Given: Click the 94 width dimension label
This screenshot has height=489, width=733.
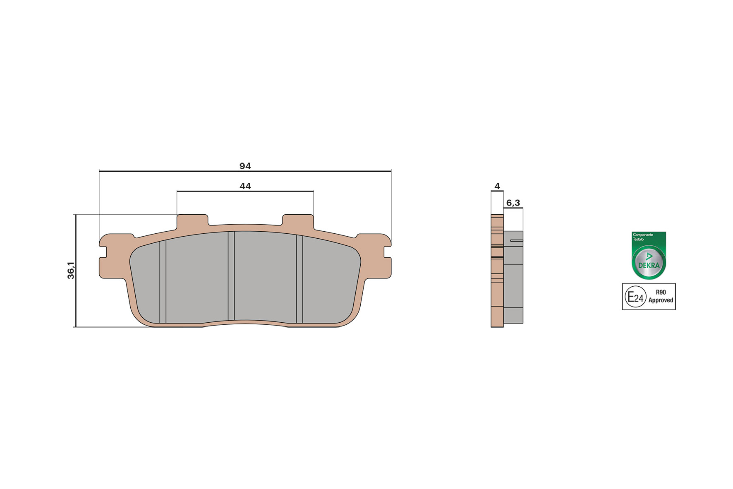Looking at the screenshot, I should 245,166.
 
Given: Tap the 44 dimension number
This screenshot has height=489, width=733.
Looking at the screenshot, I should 245,186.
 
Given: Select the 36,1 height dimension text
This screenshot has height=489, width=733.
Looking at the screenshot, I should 71,270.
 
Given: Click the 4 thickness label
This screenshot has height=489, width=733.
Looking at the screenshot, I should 497,186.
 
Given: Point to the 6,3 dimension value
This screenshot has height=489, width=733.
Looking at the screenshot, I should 513,203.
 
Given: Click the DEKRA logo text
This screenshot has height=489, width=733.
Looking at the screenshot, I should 649,265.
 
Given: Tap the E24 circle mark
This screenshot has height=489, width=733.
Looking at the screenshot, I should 635,297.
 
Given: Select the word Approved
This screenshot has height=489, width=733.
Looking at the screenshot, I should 661,300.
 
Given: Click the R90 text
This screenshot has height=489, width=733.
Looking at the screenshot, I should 661,292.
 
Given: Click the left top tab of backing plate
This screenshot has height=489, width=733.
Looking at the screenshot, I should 192,221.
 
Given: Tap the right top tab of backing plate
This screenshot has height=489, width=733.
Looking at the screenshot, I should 298,221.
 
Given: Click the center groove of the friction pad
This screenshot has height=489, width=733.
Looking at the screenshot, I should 231,276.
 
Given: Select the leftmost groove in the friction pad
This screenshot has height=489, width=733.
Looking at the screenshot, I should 163,281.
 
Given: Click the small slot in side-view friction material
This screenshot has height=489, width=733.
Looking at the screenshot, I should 517,240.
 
